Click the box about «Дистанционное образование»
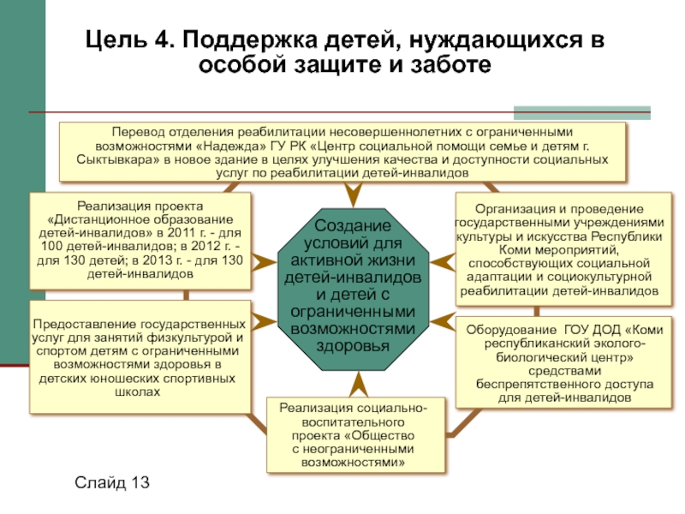(140, 241)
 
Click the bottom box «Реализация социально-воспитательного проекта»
(354, 435)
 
